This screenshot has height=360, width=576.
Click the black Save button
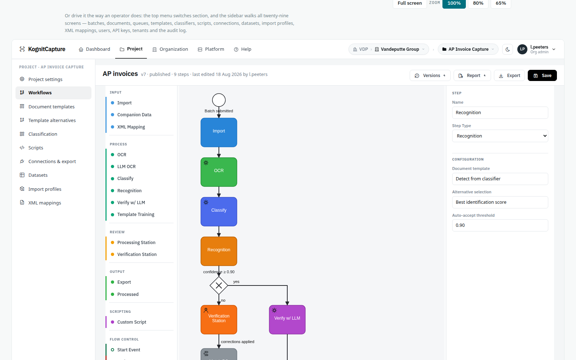542,75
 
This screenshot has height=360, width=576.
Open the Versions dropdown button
430,75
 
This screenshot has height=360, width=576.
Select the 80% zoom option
478,3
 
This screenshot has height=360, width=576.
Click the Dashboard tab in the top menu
94,49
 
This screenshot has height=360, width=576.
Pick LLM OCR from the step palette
126,166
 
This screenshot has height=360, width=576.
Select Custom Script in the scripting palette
132,322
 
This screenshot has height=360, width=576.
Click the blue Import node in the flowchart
219,132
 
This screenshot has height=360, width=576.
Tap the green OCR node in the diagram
219,172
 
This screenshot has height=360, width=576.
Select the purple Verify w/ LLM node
287,320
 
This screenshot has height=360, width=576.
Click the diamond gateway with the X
219,285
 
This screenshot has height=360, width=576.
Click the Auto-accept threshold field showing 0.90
500,225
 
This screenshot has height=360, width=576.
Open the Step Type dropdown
500,136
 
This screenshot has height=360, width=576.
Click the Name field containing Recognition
500,113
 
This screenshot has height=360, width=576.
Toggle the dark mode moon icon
508,49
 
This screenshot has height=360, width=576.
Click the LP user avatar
522,49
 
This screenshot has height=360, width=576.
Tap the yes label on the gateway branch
236,282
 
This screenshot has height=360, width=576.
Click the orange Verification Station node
219,320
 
